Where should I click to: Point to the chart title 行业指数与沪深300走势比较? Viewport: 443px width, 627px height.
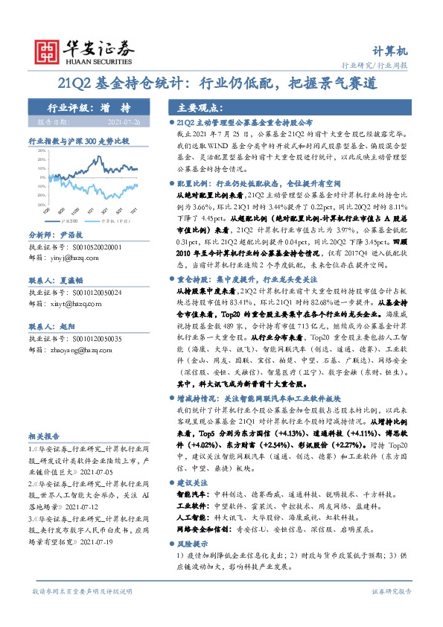[x=78, y=140]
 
